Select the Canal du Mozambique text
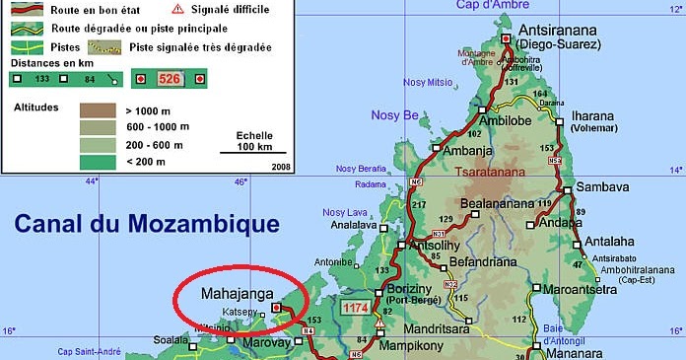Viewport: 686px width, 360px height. [x=146, y=224]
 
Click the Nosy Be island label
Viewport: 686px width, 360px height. [x=394, y=115]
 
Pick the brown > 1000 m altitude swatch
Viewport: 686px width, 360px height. [x=98, y=109]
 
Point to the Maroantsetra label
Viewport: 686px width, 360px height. [x=588, y=290]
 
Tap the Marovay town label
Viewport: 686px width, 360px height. [x=267, y=342]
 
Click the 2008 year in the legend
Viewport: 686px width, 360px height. [x=280, y=167]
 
